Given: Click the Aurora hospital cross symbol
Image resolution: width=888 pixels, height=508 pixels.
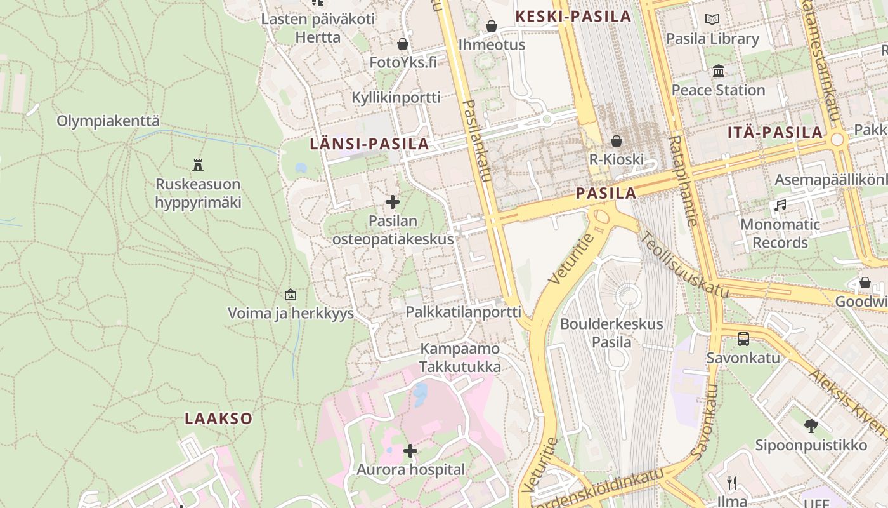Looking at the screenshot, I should point(410,451).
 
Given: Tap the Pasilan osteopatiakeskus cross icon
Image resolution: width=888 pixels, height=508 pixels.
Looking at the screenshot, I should point(393,202).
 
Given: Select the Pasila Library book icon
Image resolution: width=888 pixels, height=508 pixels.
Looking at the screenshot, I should point(712,20).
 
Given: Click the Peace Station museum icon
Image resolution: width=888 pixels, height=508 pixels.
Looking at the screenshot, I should point(719,70).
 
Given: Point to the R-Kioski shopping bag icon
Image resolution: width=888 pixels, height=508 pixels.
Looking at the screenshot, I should point(616,140).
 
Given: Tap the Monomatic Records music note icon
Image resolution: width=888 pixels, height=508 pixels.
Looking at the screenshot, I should point(780,205).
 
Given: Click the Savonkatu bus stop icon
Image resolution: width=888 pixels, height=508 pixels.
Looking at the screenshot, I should point(743,338).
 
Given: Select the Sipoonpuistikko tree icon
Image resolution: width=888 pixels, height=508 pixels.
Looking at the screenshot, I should point(811,425).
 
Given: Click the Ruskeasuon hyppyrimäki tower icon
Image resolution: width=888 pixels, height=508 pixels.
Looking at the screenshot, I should point(198,165).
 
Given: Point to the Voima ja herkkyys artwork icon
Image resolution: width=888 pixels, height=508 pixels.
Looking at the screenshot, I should point(291,294).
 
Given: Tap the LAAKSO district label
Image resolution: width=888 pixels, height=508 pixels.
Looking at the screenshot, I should point(219,418).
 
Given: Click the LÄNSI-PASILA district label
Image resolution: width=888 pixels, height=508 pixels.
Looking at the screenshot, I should point(369,144).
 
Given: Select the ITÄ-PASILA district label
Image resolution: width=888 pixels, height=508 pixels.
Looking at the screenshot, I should point(775,133).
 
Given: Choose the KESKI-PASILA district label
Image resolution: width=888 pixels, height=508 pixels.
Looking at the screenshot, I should point(574,17).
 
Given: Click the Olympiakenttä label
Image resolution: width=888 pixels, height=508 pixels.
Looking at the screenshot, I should point(108,121).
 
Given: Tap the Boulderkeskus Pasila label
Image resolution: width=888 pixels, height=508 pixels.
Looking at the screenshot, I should point(611,333).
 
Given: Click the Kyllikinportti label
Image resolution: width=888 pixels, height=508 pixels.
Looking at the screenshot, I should point(396,97).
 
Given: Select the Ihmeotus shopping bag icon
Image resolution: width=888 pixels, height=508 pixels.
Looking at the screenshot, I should point(492,26).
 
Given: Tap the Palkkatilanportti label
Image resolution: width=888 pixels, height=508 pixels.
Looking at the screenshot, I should point(463,312).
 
